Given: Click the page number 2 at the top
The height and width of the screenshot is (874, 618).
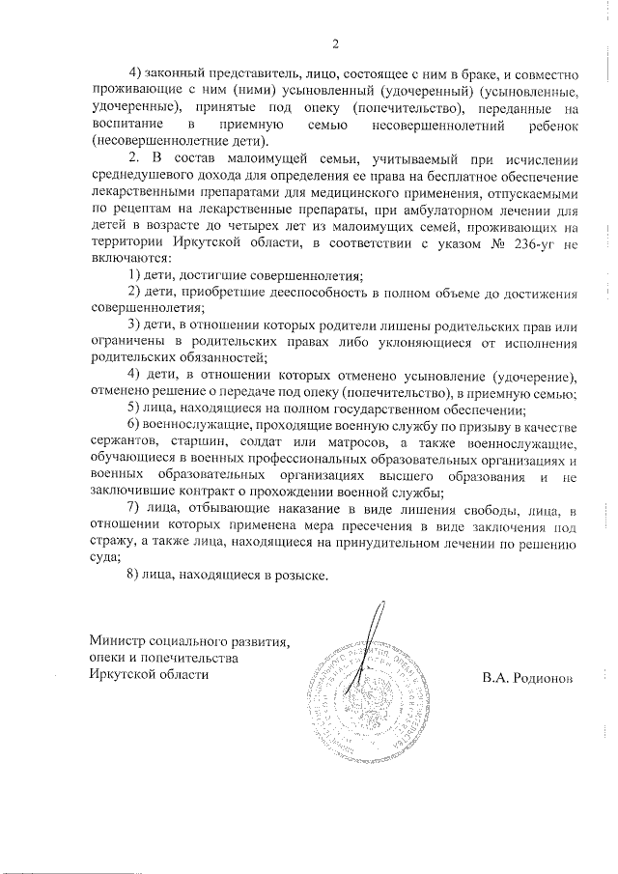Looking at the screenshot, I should tap(335, 43).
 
